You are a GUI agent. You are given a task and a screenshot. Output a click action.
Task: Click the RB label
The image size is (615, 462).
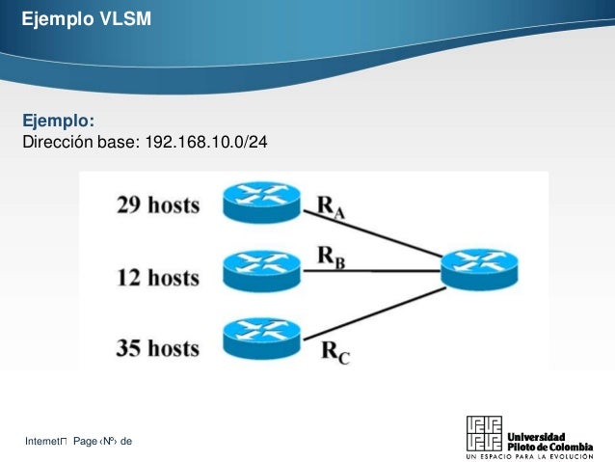331,258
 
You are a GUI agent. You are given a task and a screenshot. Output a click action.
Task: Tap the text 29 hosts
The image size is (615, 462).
158,205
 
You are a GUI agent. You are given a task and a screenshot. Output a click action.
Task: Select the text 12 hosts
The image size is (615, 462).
158,279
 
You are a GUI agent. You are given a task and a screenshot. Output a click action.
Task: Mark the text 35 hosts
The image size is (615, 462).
158,347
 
